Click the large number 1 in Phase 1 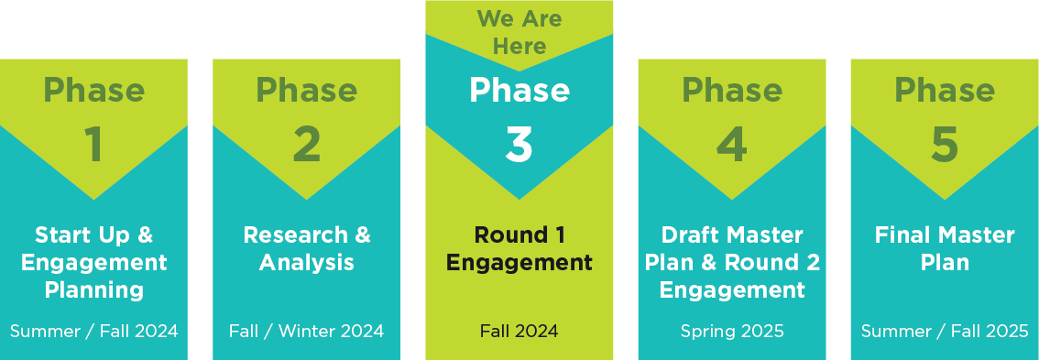coord(93,146)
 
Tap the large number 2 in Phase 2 coord(306,146)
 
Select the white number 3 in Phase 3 coord(519,146)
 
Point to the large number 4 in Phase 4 coord(731,146)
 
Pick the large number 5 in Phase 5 coord(944,146)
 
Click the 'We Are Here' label coord(519,32)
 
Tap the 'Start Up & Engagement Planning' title coord(93,263)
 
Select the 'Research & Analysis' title coord(306,249)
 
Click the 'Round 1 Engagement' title coord(519,249)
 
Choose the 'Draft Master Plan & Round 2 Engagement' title coord(731,263)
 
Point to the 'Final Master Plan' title coord(944,249)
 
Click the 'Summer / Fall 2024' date coord(93,331)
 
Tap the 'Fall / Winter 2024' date coord(306,331)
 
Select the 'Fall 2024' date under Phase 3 coord(519,331)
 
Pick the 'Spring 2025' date coord(731,331)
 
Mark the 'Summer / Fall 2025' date coord(944,331)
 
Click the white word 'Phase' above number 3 coord(519,91)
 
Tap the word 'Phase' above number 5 coord(944,91)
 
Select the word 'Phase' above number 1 coord(93,91)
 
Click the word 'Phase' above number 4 coord(731,91)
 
